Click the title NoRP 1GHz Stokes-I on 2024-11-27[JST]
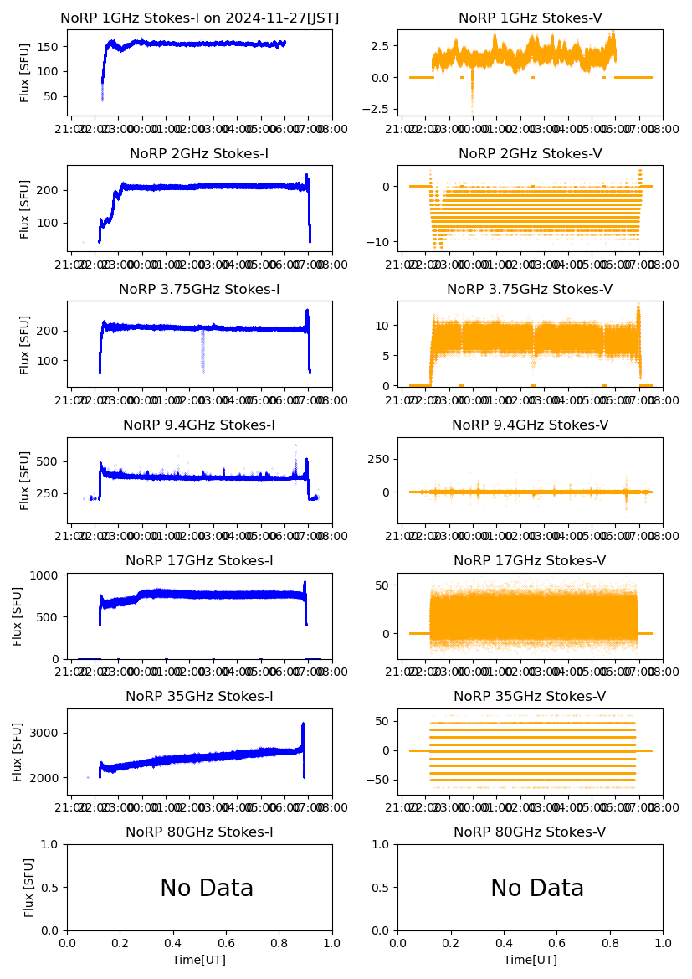click(199, 18)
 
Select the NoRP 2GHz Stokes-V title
click(530, 154)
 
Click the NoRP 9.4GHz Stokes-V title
click(530, 425)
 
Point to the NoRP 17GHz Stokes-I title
click(199, 561)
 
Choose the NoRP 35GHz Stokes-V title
click(530, 697)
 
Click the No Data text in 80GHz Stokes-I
click(207, 889)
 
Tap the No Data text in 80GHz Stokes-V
click(537, 889)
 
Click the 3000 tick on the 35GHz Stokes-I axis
click(47, 733)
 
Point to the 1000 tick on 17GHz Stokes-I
click(47, 575)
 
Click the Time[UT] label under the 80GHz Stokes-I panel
click(199, 960)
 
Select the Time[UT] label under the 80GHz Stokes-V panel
click(530, 960)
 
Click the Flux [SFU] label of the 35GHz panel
click(18, 752)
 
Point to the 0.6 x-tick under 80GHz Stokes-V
click(556, 944)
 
